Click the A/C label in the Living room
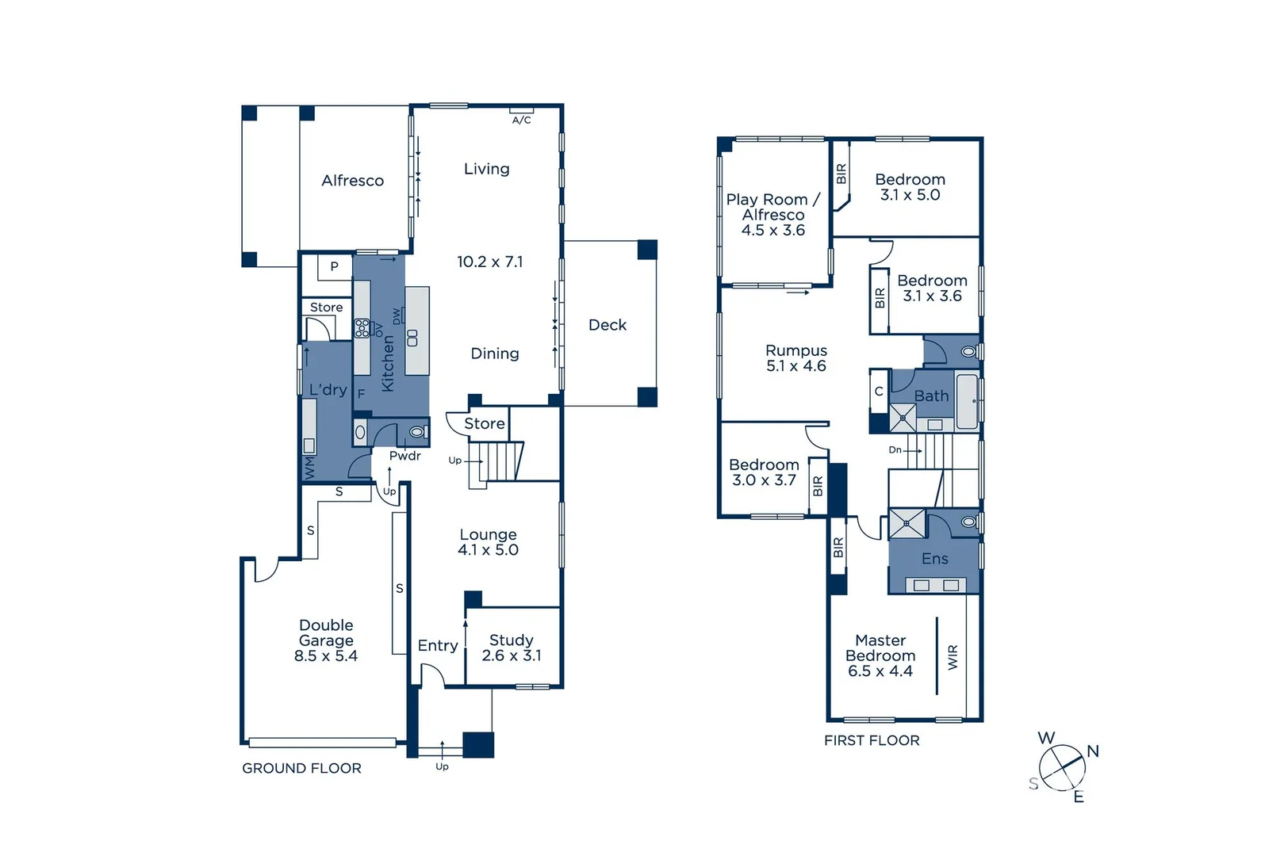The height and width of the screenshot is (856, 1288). click(521, 120)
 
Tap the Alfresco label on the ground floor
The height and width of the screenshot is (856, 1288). click(352, 181)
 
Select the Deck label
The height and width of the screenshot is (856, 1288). click(608, 325)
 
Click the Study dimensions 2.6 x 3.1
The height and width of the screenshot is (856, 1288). click(512, 655)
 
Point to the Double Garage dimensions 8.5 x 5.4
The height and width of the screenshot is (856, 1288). click(326, 655)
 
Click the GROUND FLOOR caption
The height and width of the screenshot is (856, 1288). click(301, 768)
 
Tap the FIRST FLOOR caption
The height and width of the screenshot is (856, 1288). click(872, 740)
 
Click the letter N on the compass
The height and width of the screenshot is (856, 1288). click(1093, 751)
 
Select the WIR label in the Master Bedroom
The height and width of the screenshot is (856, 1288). click(953, 657)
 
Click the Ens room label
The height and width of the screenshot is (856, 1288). click(934, 559)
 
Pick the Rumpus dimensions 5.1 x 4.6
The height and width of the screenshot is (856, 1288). click(796, 366)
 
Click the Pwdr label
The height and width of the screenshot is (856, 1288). click(404, 456)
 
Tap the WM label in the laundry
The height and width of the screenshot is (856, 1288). click(309, 467)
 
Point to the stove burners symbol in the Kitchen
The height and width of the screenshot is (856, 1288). click(362, 327)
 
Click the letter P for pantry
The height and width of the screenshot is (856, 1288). click(335, 266)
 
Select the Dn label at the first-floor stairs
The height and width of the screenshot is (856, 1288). click(895, 449)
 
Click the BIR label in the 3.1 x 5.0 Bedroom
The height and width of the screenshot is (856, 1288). click(841, 174)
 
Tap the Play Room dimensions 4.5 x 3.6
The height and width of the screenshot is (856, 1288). click(772, 231)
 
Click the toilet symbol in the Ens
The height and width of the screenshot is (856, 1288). click(968, 522)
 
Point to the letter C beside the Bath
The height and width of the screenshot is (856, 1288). click(879, 392)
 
